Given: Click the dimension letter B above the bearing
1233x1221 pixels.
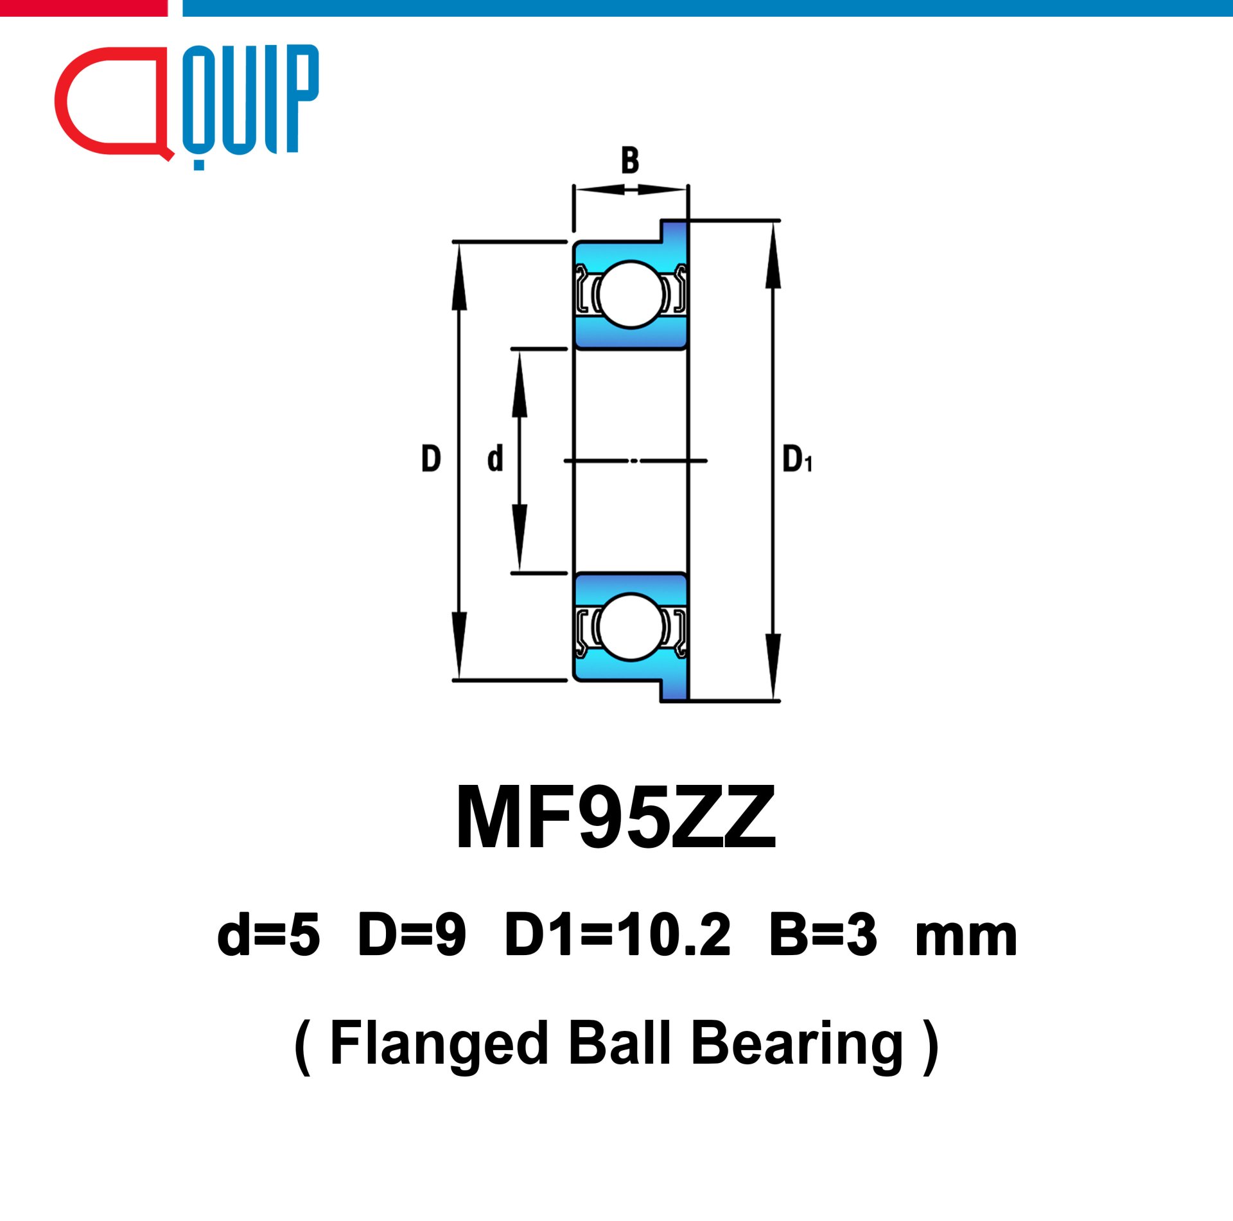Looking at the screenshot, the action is tap(630, 161).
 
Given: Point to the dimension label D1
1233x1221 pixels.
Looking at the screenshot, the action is tap(797, 459).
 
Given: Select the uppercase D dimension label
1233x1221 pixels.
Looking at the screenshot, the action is tap(431, 459).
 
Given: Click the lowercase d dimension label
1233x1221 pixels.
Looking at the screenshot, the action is tap(495, 459).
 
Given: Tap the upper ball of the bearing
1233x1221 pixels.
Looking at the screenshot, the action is tap(631, 294).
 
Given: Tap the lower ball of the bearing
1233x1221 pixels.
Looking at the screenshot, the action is tap(631, 626).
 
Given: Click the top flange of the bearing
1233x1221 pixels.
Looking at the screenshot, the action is tap(674, 231).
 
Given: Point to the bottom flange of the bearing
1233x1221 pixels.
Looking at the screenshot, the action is tap(674, 690).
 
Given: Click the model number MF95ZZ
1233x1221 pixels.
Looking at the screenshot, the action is tap(616, 818).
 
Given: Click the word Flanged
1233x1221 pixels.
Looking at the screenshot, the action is tap(439, 1045).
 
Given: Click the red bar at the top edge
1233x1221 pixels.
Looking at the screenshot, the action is tap(83, 8).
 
